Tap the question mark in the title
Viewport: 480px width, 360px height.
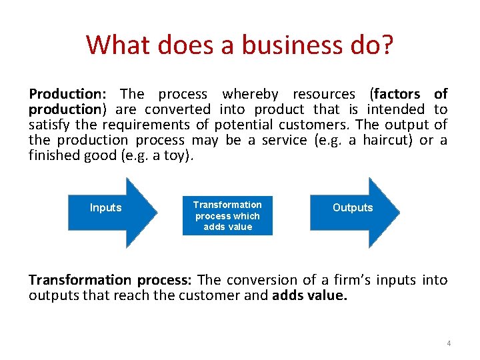387,45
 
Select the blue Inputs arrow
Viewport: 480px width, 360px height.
110,208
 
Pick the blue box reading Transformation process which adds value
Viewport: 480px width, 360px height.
227,215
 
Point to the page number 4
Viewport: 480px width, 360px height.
449,343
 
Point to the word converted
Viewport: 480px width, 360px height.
178,109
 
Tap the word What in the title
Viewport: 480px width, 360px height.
114,45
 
